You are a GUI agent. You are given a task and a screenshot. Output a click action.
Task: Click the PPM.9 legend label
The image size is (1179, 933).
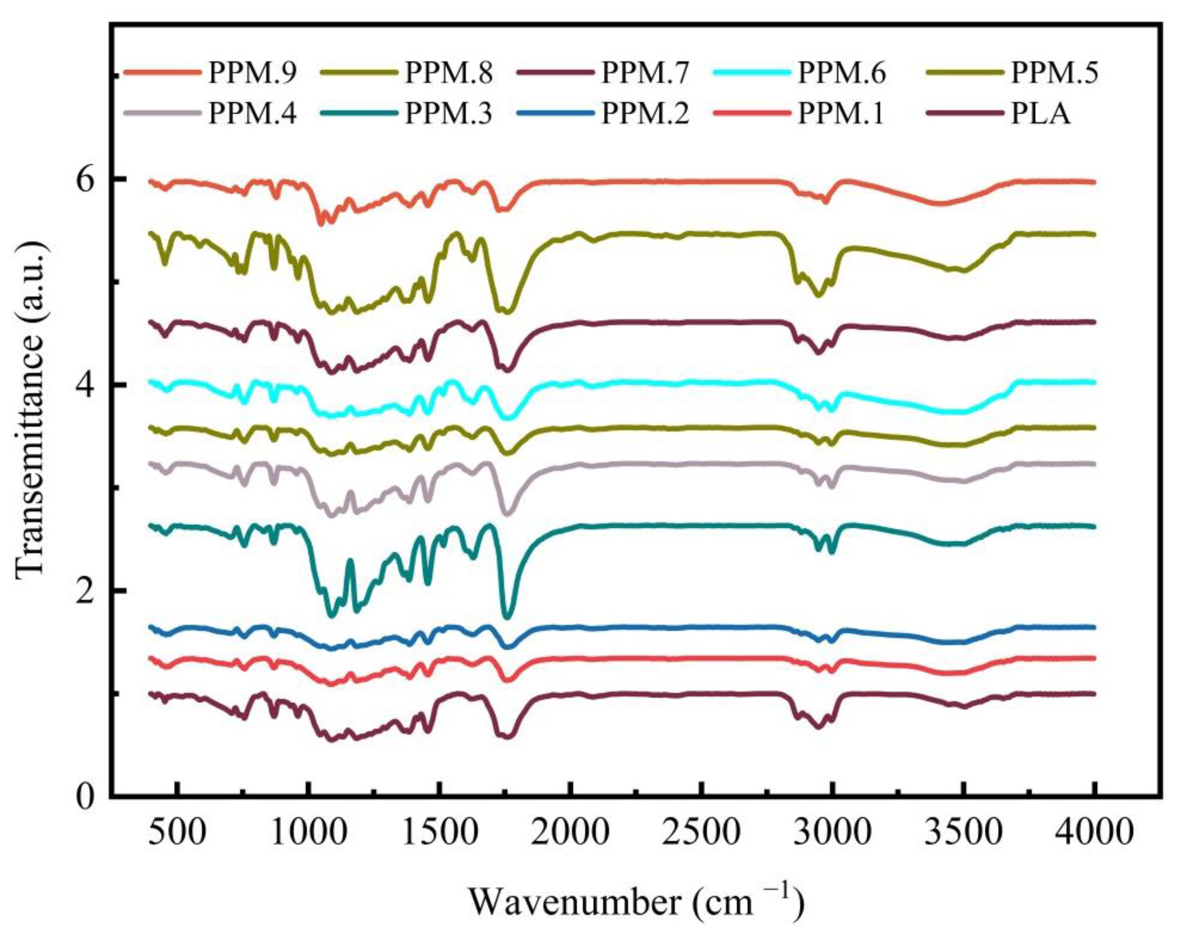coord(252,73)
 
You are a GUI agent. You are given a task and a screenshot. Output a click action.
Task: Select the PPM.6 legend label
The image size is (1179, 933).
coord(842,73)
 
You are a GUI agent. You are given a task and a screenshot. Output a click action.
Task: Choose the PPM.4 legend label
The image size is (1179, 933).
coord(252,115)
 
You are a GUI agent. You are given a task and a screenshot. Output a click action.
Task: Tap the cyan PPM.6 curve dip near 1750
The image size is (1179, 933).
coord(509,418)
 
